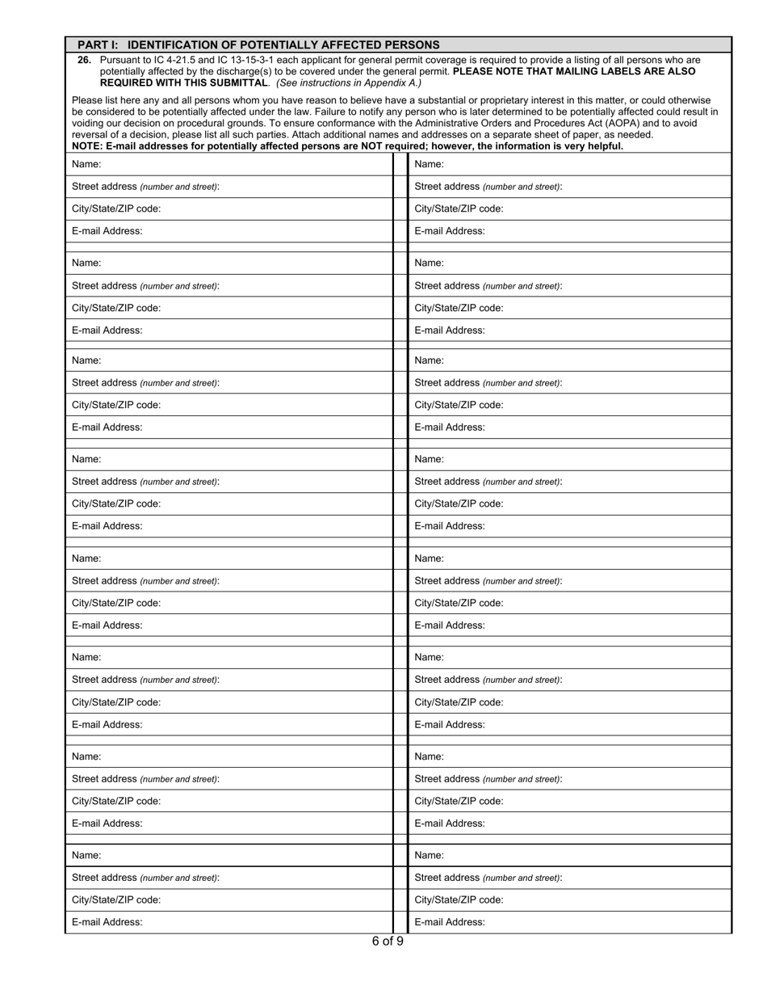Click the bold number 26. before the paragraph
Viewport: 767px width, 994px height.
pos(84,60)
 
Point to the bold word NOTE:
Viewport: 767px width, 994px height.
pos(87,146)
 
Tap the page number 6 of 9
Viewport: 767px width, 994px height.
pos(388,941)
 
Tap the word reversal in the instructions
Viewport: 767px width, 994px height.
pos(91,135)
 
